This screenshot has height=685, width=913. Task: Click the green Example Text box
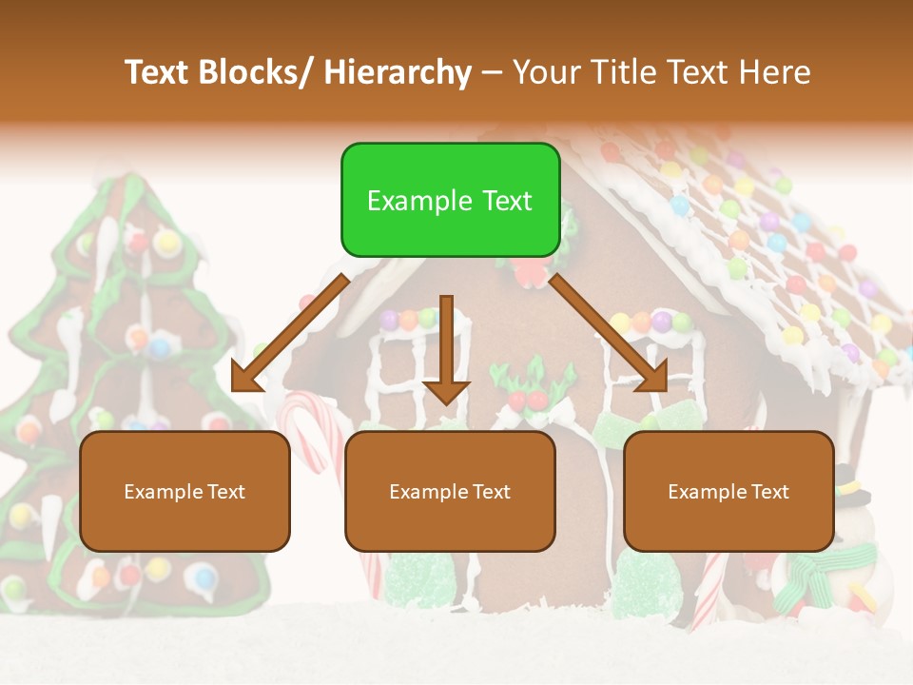[x=450, y=200]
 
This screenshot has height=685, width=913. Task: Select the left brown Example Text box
[x=185, y=491]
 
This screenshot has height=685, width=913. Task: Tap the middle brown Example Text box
[x=450, y=491]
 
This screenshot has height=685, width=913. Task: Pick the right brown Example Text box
[x=728, y=491]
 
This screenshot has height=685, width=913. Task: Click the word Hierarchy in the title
[x=398, y=72]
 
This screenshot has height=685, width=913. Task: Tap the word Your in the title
[x=546, y=72]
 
